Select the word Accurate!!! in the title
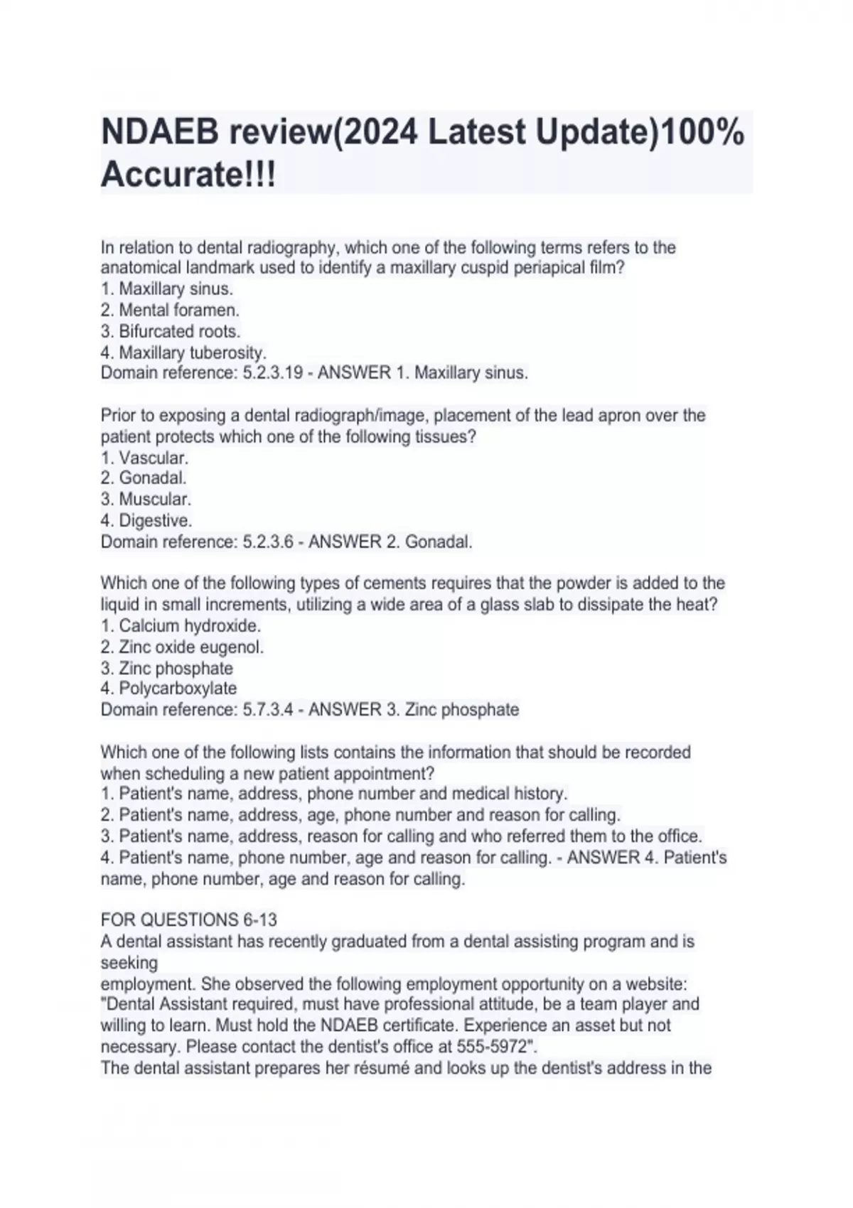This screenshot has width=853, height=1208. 188,174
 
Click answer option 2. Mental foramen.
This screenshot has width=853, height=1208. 170,311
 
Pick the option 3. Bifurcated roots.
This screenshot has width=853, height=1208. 171,332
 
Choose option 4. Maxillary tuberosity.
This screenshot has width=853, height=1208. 183,352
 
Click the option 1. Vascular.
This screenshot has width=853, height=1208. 144,458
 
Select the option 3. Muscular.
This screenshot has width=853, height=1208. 146,500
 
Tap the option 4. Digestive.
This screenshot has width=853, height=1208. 146,521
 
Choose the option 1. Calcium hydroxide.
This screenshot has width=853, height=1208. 181,626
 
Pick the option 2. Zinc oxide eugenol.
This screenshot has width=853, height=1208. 182,647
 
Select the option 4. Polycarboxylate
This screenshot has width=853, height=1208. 168,689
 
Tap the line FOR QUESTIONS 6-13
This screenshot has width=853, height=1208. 189,920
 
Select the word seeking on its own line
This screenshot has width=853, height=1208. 129,963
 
